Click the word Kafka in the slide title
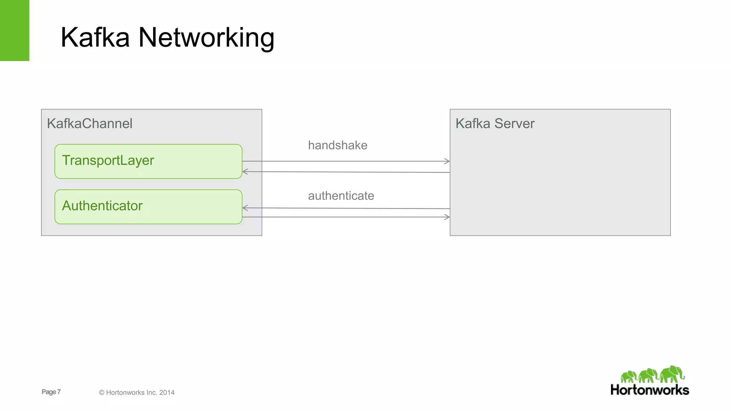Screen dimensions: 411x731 tap(95, 37)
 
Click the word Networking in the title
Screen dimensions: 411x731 tap(206, 38)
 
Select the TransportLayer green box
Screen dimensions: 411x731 tap(148, 161)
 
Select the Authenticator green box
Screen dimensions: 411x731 tap(148, 207)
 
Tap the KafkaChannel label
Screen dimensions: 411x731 tap(90, 123)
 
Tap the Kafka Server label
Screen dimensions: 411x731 tap(495, 123)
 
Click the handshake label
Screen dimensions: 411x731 tap(337, 145)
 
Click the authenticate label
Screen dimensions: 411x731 tap(341, 196)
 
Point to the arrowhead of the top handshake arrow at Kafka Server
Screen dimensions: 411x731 tap(447, 161)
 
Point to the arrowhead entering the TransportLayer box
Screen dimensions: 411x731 tap(245, 172)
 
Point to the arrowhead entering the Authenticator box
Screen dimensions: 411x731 tap(245, 208)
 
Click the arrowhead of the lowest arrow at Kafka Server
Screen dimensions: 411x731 tap(447, 217)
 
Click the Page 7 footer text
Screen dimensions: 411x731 tap(51, 392)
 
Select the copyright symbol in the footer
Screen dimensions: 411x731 tap(101, 392)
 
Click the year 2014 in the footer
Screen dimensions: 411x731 tap(167, 392)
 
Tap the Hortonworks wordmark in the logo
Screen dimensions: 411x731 tap(650, 390)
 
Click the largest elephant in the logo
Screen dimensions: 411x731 tap(672, 374)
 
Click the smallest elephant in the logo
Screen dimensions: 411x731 tap(629, 377)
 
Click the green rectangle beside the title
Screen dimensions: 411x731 tap(15, 30)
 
